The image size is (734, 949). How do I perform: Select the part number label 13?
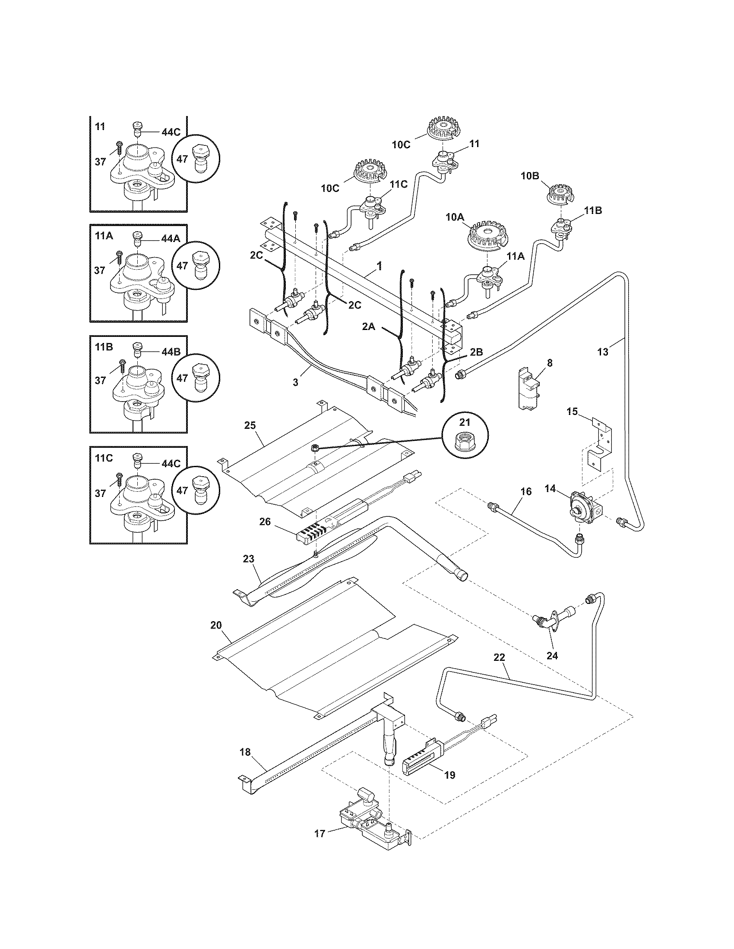(x=603, y=352)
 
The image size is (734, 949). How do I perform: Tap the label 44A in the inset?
(x=171, y=239)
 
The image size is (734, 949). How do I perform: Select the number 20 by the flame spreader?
(x=216, y=625)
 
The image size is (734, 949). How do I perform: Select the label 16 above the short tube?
(x=526, y=491)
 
